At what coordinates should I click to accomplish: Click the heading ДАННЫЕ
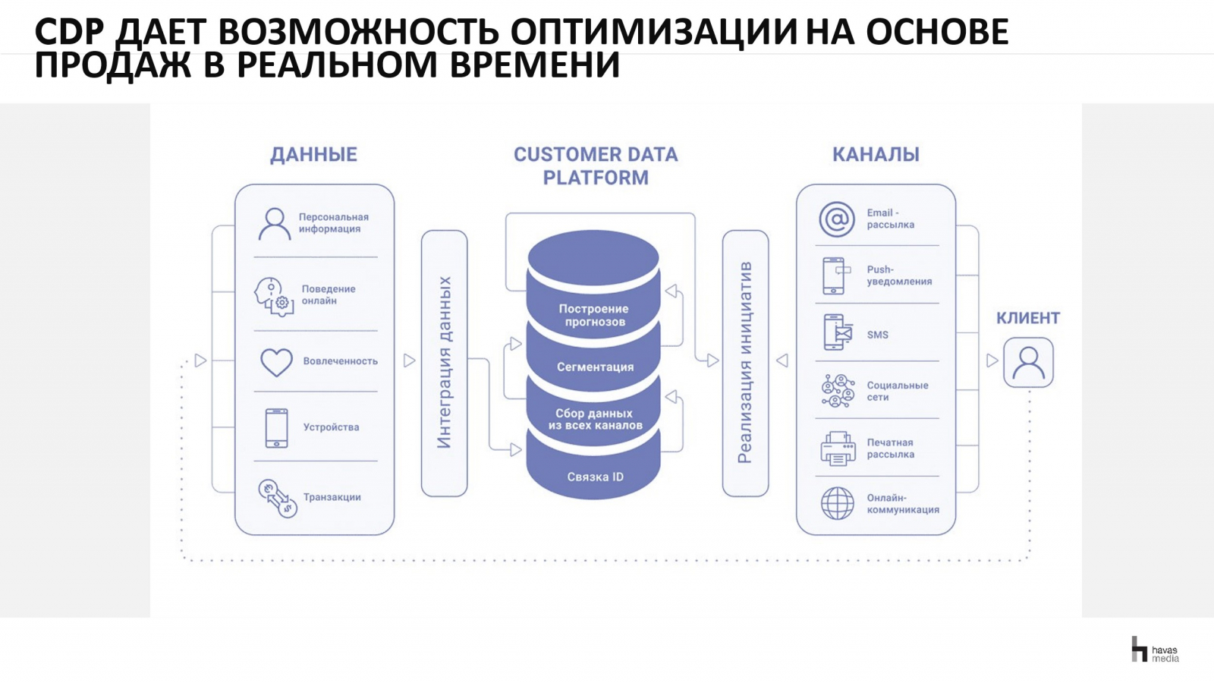314,155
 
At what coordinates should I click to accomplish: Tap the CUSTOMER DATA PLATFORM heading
596,166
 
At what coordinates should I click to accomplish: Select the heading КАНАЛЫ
876,155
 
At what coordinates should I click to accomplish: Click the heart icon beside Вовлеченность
276,362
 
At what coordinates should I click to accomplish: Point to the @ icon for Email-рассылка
837,219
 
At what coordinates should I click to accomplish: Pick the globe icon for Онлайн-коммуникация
838,503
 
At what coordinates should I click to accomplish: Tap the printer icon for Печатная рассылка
838,449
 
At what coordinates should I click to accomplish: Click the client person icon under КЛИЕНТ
1028,363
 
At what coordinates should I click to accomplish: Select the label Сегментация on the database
595,367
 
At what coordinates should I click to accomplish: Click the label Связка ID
595,477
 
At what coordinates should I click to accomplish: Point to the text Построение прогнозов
594,315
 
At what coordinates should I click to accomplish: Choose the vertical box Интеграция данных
445,364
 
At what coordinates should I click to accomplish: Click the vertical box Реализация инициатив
745,364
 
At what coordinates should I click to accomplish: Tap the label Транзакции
332,497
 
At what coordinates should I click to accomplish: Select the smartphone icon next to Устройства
276,428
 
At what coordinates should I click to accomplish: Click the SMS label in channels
877,335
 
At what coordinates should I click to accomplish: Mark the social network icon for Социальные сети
838,391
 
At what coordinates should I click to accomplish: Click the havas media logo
1155,649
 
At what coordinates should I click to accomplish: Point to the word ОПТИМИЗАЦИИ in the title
653,31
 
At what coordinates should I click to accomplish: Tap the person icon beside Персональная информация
274,224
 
